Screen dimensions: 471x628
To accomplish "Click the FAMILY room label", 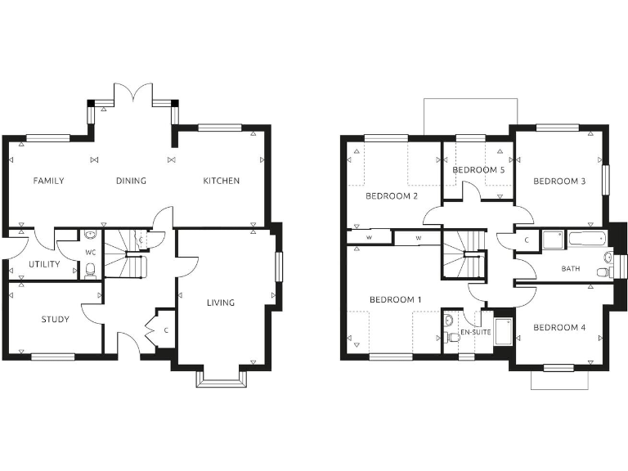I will click(48, 181).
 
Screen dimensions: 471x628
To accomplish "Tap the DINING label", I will click(131, 181).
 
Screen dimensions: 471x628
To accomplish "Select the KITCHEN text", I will click(221, 181).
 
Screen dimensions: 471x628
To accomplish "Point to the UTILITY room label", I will click(44, 265).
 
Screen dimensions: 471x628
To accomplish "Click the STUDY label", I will click(55, 319).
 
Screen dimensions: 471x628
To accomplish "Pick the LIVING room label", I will click(221, 303).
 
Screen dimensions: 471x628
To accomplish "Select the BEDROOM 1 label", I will click(395, 300).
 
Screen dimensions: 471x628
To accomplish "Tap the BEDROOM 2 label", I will click(392, 196).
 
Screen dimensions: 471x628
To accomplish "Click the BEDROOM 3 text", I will click(559, 181).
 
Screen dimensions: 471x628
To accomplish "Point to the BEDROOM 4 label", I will click(559, 327).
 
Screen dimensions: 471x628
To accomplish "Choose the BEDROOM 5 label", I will click(478, 170).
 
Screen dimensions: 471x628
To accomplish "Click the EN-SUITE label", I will click(475, 333).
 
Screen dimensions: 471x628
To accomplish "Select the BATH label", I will click(571, 268).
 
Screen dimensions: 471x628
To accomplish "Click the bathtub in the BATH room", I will click(587, 240).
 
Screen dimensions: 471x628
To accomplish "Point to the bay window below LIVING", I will click(221, 377).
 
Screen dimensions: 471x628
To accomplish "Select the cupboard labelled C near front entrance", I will click(164, 330).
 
